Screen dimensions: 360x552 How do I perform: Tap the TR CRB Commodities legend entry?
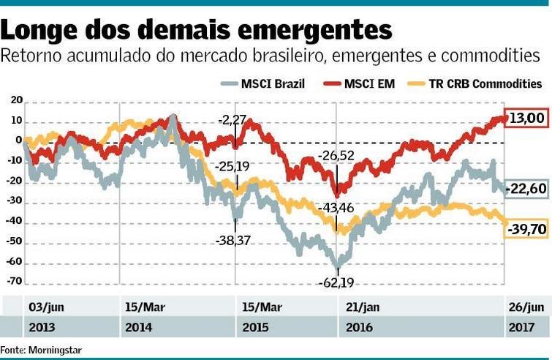click(x=476, y=83)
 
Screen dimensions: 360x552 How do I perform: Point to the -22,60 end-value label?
click(x=527, y=190)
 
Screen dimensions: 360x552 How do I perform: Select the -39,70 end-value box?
click(x=526, y=230)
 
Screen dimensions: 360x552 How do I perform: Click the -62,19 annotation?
click(x=336, y=282)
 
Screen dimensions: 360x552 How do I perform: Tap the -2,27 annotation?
click(x=234, y=119)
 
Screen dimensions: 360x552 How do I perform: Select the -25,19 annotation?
click(x=234, y=166)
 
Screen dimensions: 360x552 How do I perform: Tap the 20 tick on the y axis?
click(x=17, y=100)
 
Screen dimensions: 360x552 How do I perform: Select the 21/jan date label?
click(x=362, y=306)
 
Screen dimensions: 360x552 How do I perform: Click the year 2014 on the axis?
click(x=139, y=326)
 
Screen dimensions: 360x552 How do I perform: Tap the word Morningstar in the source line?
click(x=56, y=350)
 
